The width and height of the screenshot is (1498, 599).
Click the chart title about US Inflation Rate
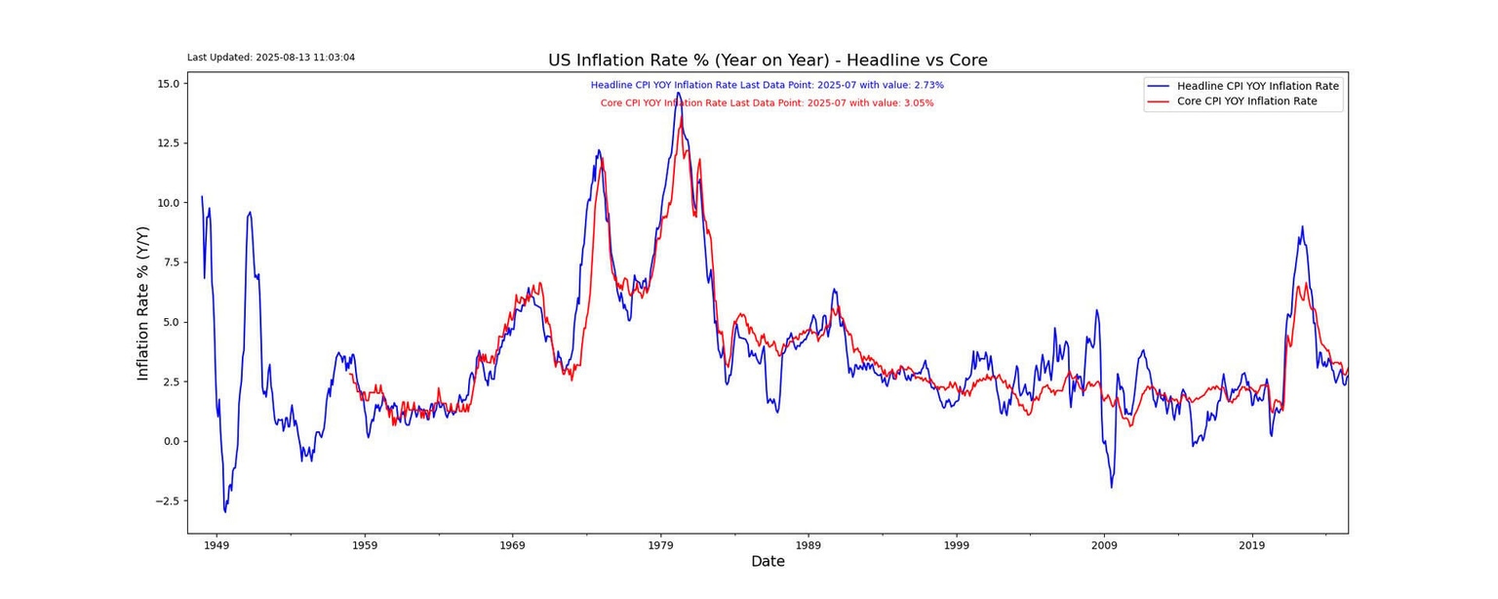[768, 60]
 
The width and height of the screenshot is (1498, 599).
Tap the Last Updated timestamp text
[271, 58]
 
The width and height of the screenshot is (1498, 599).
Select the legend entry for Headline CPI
[1257, 86]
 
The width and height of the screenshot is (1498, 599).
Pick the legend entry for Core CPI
[1246, 101]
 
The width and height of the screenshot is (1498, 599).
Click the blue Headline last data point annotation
[767, 85]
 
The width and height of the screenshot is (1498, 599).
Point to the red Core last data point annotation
[767, 102]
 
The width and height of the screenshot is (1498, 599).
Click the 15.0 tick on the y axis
[167, 84]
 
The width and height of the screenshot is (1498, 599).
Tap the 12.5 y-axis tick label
[167, 143]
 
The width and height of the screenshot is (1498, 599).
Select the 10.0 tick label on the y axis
[167, 203]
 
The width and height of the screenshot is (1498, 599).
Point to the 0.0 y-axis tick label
[170, 441]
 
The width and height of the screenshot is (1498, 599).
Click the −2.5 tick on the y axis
[165, 501]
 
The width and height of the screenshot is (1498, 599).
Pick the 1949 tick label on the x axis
[217, 544]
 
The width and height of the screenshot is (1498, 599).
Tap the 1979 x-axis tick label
[660, 544]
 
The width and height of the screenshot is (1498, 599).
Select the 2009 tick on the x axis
[1104, 544]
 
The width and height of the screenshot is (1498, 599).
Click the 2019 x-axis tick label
[1252, 544]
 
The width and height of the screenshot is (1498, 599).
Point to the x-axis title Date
[768, 562]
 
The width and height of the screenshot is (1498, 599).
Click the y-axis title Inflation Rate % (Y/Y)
[143, 302]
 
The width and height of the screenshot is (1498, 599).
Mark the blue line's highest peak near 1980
[678, 95]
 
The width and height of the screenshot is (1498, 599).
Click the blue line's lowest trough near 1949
[225, 511]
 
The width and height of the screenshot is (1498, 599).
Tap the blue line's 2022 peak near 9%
[1301, 226]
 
